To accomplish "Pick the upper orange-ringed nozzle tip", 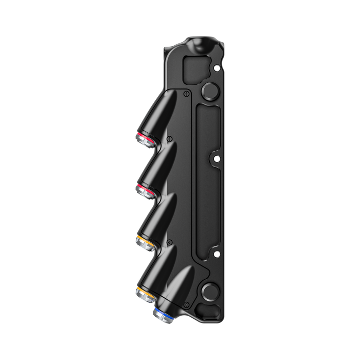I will [x=143, y=242].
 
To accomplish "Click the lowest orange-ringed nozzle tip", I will [x=143, y=295].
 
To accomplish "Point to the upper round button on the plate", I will [x=210, y=91].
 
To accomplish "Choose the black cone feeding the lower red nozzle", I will [x=157, y=167].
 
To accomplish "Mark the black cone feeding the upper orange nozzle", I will [x=157, y=219].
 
